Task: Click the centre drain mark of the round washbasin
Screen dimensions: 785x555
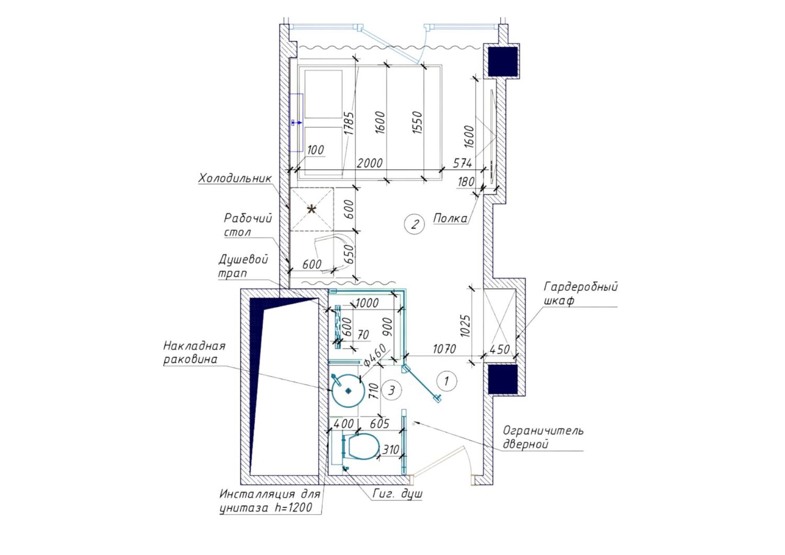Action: tap(348, 391)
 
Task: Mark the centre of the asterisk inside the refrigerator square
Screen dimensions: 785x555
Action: tap(311, 209)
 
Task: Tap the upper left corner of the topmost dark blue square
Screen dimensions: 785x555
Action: tap(488, 47)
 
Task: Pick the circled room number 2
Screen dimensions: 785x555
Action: tap(414, 225)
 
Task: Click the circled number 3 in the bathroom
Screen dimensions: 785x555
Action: tap(391, 391)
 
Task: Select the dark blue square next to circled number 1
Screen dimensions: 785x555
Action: tap(503, 379)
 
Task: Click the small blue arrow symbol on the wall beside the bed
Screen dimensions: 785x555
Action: tap(297, 123)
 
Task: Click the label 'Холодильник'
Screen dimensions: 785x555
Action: tap(235, 178)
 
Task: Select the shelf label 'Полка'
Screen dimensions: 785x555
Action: tap(450, 218)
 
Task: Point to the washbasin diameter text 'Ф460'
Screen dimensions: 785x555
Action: tap(375, 355)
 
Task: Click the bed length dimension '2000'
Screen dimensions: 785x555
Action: tap(369, 163)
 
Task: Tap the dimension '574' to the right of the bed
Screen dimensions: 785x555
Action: tap(462, 163)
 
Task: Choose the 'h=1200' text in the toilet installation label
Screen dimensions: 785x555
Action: tap(293, 508)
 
